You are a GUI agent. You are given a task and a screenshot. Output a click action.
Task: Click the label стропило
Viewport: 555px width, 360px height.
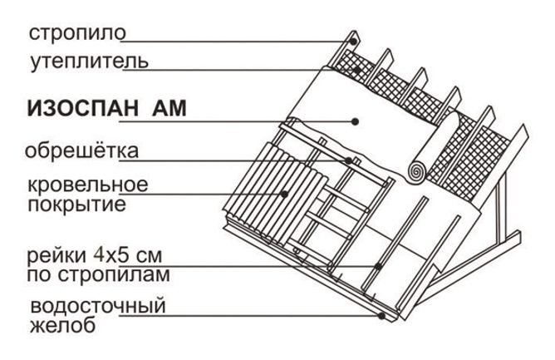click(x=77, y=33)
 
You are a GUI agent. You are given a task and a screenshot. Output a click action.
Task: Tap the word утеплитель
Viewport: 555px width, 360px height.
click(x=89, y=62)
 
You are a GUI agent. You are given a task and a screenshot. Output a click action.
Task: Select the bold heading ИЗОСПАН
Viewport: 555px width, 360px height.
click(x=83, y=108)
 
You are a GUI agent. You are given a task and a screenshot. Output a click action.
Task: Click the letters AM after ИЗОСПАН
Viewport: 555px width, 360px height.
click(x=169, y=108)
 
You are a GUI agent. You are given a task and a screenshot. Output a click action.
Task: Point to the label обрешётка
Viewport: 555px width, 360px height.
click(x=81, y=150)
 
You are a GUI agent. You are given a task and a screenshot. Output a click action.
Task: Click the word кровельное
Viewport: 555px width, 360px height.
click(x=88, y=185)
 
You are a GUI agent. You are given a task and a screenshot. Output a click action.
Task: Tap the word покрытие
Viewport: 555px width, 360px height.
click(x=76, y=205)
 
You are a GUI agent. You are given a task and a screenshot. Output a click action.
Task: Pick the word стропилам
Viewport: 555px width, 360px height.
click(x=114, y=275)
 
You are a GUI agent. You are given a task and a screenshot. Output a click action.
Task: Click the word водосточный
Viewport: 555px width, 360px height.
click(x=98, y=306)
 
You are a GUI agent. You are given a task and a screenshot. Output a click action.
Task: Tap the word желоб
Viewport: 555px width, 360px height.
click(x=62, y=325)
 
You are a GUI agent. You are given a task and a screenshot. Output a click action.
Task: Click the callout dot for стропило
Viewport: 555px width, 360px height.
click(x=353, y=41)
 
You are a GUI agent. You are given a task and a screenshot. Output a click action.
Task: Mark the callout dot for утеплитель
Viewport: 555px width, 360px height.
click(x=357, y=70)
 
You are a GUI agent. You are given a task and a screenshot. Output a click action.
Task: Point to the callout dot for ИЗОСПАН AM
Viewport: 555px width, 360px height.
click(x=356, y=122)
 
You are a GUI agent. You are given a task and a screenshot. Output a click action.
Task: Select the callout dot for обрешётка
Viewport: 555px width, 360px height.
click(x=349, y=160)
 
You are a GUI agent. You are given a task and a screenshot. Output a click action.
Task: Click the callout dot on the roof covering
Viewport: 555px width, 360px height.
click(x=284, y=194)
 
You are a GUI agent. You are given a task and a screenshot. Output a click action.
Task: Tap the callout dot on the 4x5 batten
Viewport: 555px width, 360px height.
click(x=378, y=266)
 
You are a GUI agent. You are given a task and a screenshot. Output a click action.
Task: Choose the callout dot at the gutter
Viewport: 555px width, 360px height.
click(x=381, y=315)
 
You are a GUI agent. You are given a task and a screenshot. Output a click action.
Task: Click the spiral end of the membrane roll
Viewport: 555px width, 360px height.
click(x=416, y=172)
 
